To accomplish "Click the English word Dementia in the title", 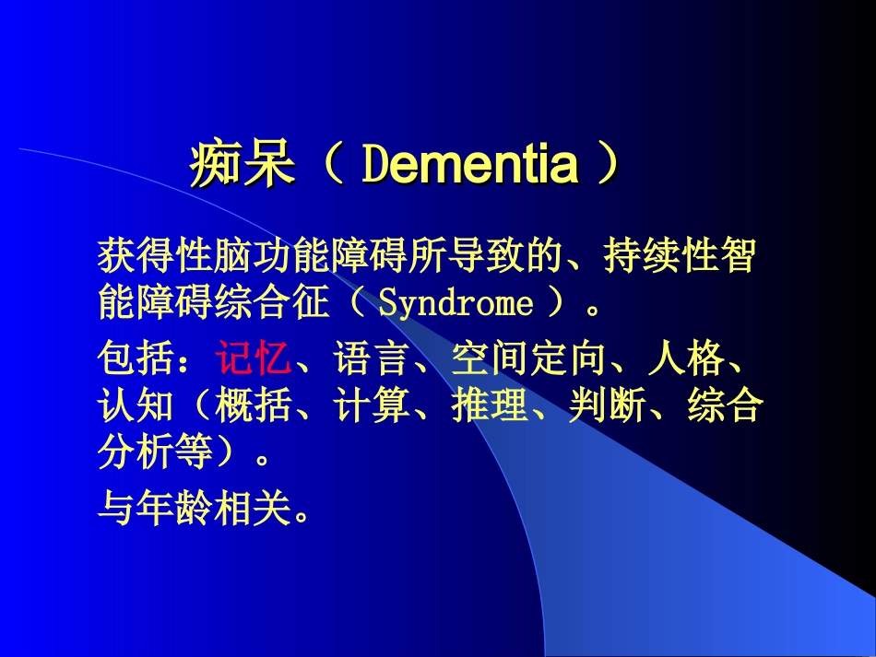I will (469, 166).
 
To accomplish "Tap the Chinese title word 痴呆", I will (243, 166).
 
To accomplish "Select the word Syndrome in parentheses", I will (456, 303).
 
